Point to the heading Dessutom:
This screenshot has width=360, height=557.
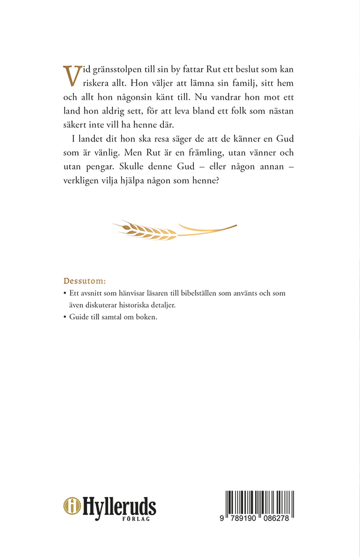coord(85,281)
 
